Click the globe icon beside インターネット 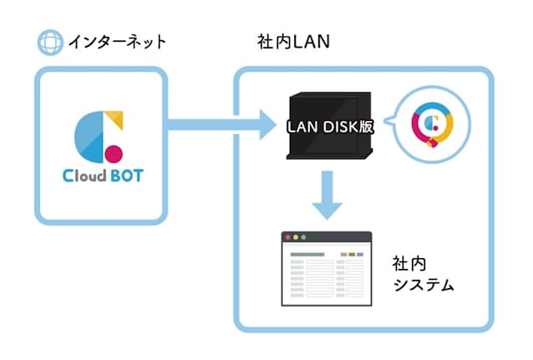[50, 42]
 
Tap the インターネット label [117, 42]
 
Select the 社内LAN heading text [293, 42]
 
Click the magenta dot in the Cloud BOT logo [114, 154]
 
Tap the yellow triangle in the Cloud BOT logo [115, 119]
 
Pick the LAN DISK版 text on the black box [330, 127]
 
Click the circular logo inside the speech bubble [432, 124]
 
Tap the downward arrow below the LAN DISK [327, 195]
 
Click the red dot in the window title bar [288, 237]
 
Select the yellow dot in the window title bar [296, 237]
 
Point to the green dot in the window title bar [303, 237]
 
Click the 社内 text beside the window [409, 264]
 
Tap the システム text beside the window [424, 285]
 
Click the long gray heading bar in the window [307, 254]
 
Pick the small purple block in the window [360, 254]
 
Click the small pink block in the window [343, 254]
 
